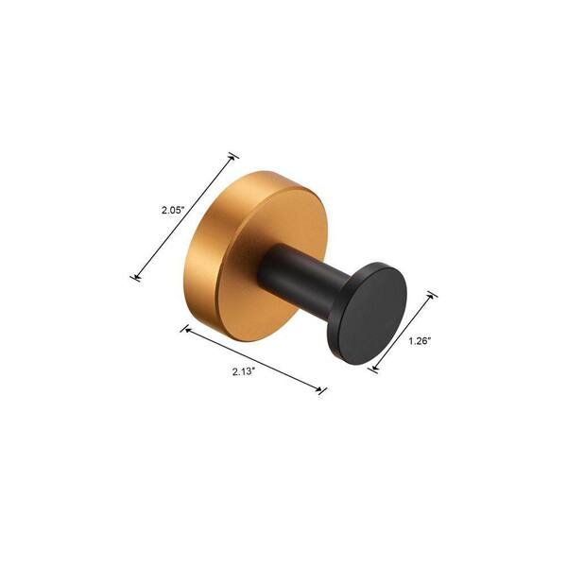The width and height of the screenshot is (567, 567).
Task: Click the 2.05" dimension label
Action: tap(173, 210)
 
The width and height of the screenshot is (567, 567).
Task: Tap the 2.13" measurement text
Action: tap(244, 371)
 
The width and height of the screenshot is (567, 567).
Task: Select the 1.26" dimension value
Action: tap(420, 340)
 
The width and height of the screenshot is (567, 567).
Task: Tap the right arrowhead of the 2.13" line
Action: tap(318, 388)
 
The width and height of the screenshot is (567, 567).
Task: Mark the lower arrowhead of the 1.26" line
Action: tap(375, 368)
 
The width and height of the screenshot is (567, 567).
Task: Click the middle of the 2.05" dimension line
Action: tap(184, 217)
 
